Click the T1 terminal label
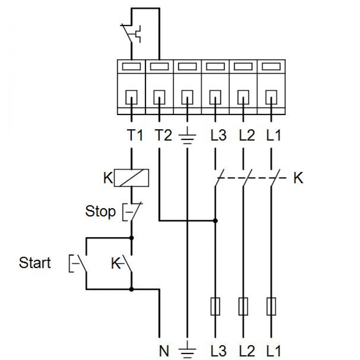click(135, 135)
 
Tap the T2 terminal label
click(163, 135)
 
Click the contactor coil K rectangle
click(131, 178)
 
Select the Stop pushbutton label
click(100, 211)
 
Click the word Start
click(35, 263)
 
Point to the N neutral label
click(164, 351)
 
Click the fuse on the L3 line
click(215, 306)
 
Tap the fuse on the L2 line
click(243, 306)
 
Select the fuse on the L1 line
click(271, 306)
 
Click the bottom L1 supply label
click(274, 351)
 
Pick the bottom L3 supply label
click(219, 351)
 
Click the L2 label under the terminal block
click(247, 135)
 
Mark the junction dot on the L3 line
click(215, 221)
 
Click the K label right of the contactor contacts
click(298, 178)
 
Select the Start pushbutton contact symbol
click(78, 264)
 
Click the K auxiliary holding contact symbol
click(122, 264)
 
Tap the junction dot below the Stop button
click(131, 238)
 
